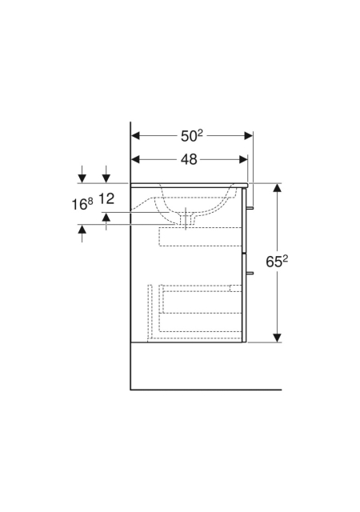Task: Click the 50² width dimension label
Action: coord(192,135)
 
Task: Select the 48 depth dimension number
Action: coord(189,159)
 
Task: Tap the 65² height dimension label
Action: coord(277,261)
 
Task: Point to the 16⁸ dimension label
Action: coord(82,205)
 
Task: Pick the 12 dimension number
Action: coord(106,198)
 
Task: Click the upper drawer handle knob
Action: coord(250,208)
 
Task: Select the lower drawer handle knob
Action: coord(250,273)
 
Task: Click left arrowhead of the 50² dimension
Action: coord(135,135)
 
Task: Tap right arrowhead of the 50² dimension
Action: coord(249,135)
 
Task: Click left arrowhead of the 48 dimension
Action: coord(135,159)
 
